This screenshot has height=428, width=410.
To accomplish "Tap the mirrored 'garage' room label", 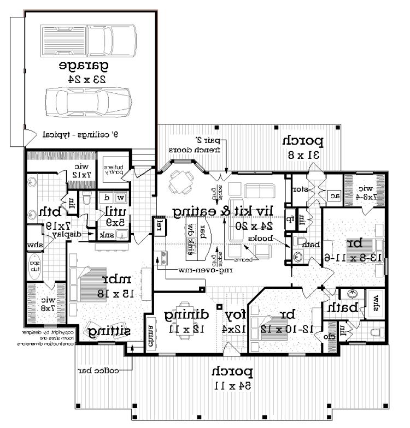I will pyautogui.click(x=84, y=66).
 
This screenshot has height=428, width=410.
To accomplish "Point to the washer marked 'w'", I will pyautogui.click(x=121, y=198).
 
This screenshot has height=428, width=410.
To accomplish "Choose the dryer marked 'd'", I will pyautogui.click(x=107, y=198).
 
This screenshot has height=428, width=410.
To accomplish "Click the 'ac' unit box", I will pyautogui.click(x=332, y=195).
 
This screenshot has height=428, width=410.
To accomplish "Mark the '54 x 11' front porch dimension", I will pyautogui.click(x=232, y=385).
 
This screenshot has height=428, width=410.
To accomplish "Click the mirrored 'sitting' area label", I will pyautogui.click(x=110, y=331).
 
